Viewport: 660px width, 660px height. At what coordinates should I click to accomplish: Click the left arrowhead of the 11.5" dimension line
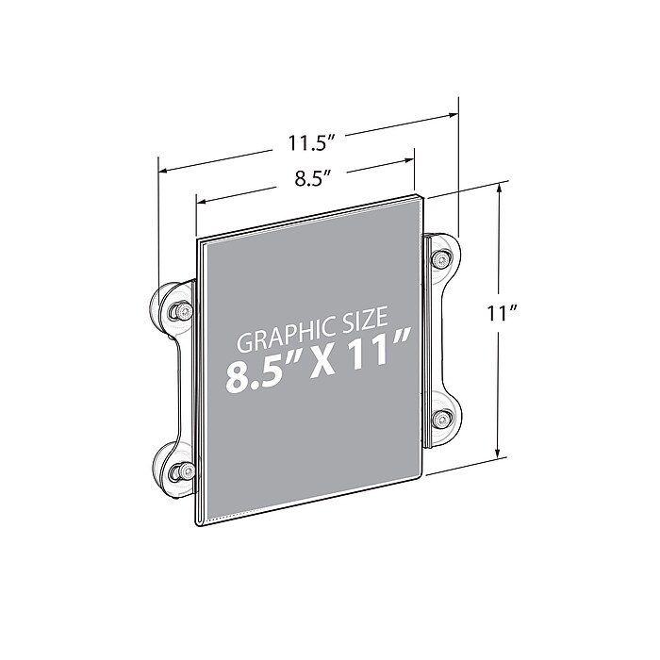(163, 172)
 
